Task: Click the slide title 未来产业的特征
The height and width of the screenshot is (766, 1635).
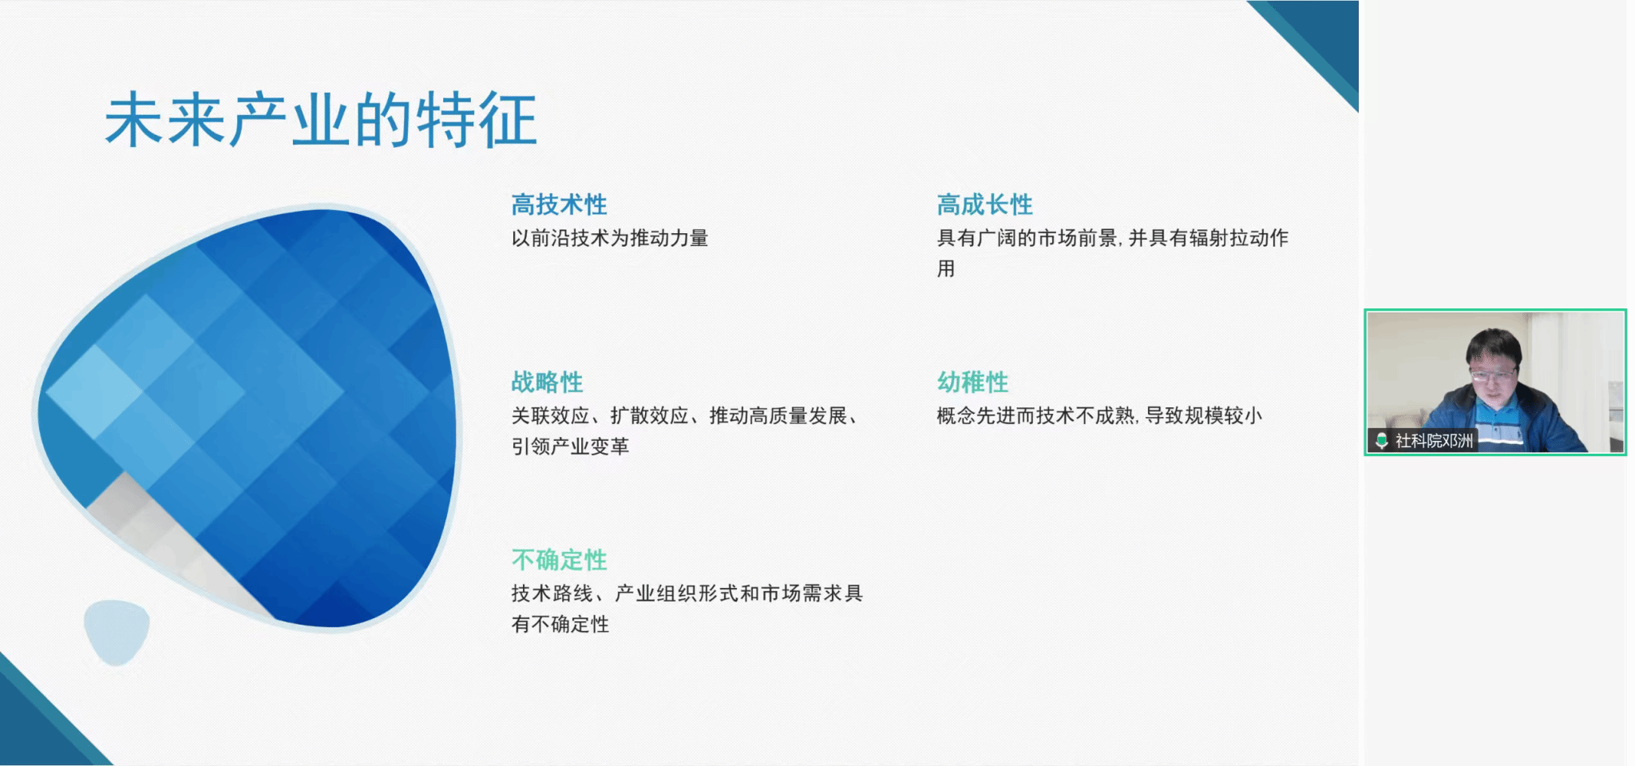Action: click(321, 120)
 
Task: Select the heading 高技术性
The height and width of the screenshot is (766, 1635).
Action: click(559, 204)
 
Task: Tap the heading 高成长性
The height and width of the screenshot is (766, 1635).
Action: click(984, 204)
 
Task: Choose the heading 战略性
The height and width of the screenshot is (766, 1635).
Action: click(547, 382)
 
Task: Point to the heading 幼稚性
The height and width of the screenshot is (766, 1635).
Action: click(972, 382)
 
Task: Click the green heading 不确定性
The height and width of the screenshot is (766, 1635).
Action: click(559, 560)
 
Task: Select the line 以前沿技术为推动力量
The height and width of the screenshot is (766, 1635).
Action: click(610, 238)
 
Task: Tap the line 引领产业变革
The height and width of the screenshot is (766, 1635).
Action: click(570, 447)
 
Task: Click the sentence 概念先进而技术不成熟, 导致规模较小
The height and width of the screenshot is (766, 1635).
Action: click(1099, 415)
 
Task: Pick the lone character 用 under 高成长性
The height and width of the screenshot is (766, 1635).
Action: click(946, 268)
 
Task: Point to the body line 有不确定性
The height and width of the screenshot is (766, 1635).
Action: click(560, 624)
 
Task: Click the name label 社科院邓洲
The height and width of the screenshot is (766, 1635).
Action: click(1434, 440)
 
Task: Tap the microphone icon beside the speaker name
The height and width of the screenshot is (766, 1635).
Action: click(1381, 440)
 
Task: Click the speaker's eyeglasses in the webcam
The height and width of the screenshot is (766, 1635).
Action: click(1492, 373)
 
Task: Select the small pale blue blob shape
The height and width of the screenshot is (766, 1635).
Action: click(117, 632)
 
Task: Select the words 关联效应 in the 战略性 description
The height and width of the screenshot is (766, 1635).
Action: click(551, 415)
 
